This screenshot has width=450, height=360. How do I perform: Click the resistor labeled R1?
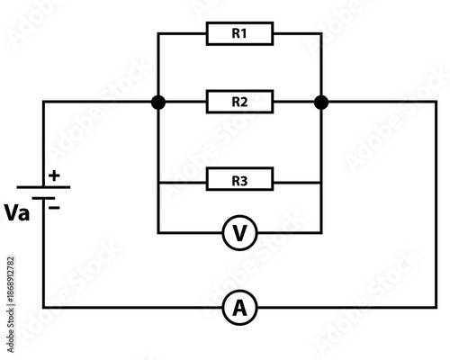[x=238, y=34]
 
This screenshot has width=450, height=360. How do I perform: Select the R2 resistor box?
[x=238, y=102]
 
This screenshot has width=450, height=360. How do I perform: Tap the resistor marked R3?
[x=238, y=181]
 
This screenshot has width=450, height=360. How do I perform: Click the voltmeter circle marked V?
[x=239, y=233]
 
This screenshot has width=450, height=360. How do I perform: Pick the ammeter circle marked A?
[x=239, y=308]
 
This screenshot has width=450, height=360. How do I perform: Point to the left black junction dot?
[x=158, y=102]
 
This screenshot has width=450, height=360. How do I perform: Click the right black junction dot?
[x=320, y=102]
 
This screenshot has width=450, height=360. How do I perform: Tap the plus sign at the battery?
[x=53, y=176]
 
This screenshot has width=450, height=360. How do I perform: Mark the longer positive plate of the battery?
[x=43, y=188]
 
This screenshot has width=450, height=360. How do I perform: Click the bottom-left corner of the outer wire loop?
[x=43, y=308]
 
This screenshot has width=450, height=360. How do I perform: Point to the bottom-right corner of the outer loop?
[x=436, y=308]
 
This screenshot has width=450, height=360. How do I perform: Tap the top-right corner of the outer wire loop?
[x=436, y=102]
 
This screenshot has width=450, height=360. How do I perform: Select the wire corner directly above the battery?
[x=43, y=102]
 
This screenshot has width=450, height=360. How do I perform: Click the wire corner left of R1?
[x=158, y=34]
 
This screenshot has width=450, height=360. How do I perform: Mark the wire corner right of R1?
[x=320, y=34]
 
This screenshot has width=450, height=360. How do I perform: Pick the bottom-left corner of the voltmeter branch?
[x=158, y=233]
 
